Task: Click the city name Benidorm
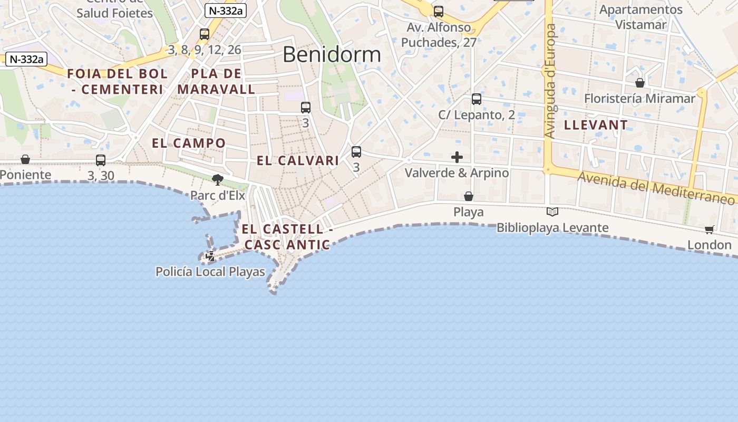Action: pyautogui.click(x=332, y=54)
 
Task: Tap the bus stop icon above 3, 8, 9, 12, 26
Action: pyautogui.click(x=205, y=34)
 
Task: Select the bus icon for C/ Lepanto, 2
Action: pyautogui.click(x=477, y=99)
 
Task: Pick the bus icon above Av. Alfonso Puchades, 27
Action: pyautogui.click(x=439, y=11)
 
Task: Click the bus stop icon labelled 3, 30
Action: pyautogui.click(x=101, y=160)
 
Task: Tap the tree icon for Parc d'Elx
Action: pyautogui.click(x=217, y=180)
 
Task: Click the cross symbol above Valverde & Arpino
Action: pyautogui.click(x=457, y=157)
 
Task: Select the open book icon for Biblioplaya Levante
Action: pyautogui.click(x=552, y=212)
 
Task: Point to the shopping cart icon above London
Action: pyautogui.click(x=710, y=229)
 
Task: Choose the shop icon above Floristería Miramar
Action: pyautogui.click(x=640, y=83)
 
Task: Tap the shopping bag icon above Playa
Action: pyautogui.click(x=469, y=196)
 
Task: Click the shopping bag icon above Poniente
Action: pyautogui.click(x=25, y=159)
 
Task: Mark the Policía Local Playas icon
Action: pyautogui.click(x=210, y=256)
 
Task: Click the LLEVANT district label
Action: pyautogui.click(x=596, y=125)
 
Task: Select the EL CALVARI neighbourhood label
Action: pyautogui.click(x=298, y=161)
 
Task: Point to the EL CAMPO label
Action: pyautogui.click(x=189, y=143)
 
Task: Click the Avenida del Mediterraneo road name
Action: pyautogui.click(x=656, y=187)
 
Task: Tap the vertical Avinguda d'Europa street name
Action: pyautogui.click(x=551, y=81)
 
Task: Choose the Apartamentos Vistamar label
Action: pyautogui.click(x=641, y=17)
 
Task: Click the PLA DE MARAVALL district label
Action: pyautogui.click(x=217, y=81)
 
